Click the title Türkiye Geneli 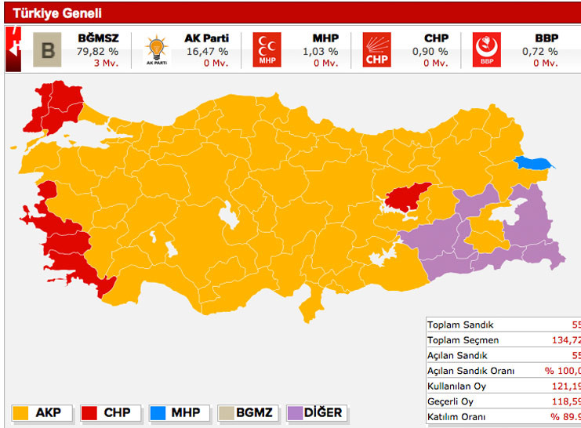click(x=56, y=13)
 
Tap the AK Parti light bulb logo click(x=157, y=51)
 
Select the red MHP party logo click(x=267, y=51)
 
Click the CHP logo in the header click(x=376, y=51)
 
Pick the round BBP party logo click(x=486, y=51)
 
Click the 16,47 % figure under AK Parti click(x=206, y=52)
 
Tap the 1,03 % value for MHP click(x=320, y=52)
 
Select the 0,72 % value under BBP click(x=540, y=52)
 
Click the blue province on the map click(x=534, y=164)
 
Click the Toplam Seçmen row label click(x=463, y=340)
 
